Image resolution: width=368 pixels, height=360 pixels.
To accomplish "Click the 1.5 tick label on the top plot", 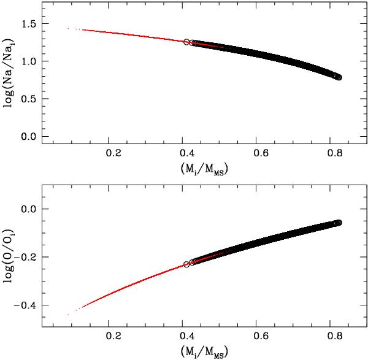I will coord(28,24).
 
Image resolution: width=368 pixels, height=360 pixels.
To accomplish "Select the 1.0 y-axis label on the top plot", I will coord(28,61).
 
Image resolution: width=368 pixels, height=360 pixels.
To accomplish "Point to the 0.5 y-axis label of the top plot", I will coord(28,99).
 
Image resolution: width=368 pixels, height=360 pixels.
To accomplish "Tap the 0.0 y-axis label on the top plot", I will coord(28,136).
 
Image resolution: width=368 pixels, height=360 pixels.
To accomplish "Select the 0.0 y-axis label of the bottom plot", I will coord(28,209).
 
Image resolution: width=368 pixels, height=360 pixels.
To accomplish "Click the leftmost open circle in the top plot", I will coord(187,42).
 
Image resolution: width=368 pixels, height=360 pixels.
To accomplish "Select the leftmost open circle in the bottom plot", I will coord(186,264).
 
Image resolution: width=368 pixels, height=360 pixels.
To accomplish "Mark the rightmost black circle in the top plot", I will coord(339,77).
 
